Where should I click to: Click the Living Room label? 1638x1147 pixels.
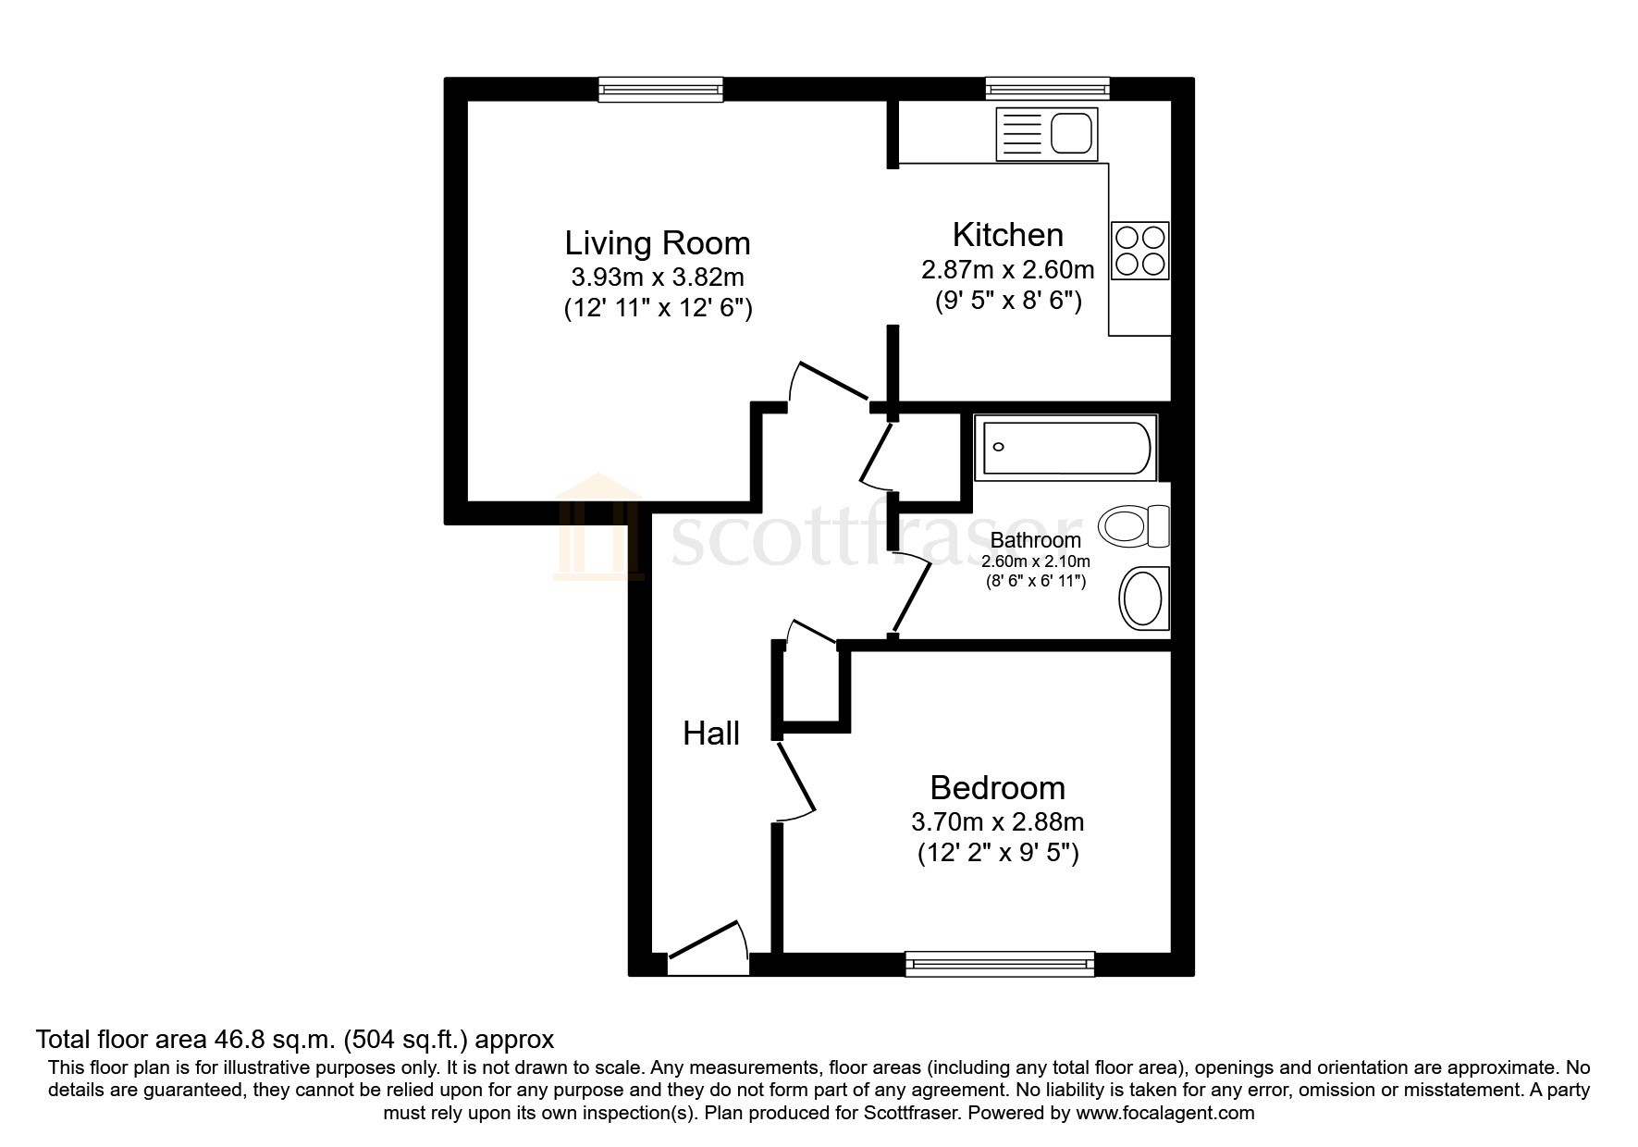coord(657,243)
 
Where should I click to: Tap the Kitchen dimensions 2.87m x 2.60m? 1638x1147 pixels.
coord(1007,270)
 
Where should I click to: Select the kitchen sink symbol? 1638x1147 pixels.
coord(1046,133)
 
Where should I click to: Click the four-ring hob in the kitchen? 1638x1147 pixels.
coord(1139,250)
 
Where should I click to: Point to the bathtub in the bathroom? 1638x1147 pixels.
coord(1065,449)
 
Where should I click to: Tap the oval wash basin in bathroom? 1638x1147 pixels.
coord(1143,598)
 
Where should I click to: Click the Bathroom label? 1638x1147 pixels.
coord(1035,540)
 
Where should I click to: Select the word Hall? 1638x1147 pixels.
coord(710,734)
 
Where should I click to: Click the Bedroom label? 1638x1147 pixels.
coord(997,788)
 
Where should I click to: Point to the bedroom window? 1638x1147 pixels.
coord(999,965)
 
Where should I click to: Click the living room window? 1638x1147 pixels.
coord(660,89)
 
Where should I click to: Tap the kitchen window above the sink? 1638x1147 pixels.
coord(1047,89)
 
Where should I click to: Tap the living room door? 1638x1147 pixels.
coord(831,381)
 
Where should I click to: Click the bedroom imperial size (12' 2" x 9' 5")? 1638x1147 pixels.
coord(997,853)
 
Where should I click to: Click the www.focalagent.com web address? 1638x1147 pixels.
coord(1164,1113)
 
